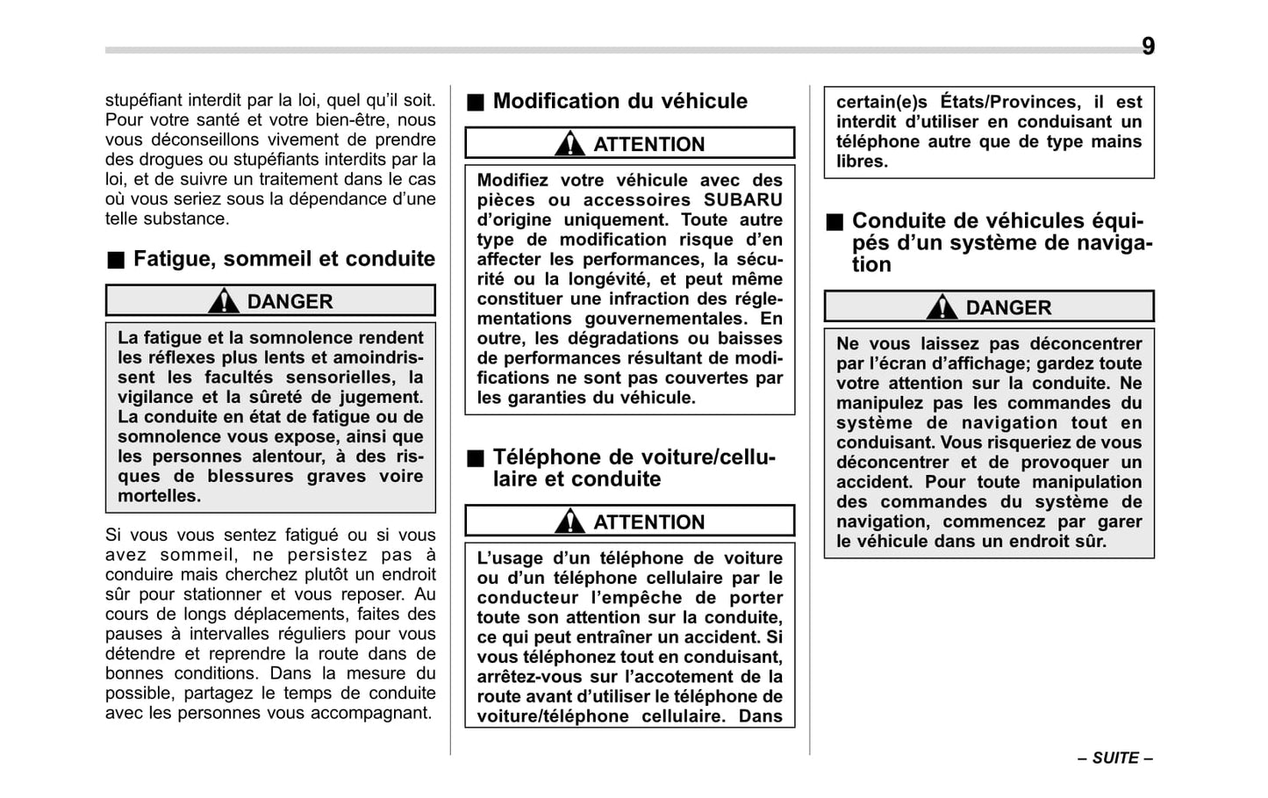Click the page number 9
click(x=1148, y=47)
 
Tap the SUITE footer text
click(x=1115, y=758)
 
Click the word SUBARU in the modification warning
click(x=742, y=200)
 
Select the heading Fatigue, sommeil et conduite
click(x=283, y=259)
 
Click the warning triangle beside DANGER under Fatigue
click(x=224, y=301)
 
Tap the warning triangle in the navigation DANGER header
click(x=942, y=307)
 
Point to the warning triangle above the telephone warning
click(x=570, y=521)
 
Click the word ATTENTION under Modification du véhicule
click(x=648, y=145)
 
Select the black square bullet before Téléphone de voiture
click(x=475, y=458)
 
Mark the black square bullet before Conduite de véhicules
click(x=834, y=222)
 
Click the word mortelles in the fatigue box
click(x=159, y=496)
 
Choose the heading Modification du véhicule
click(x=620, y=102)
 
